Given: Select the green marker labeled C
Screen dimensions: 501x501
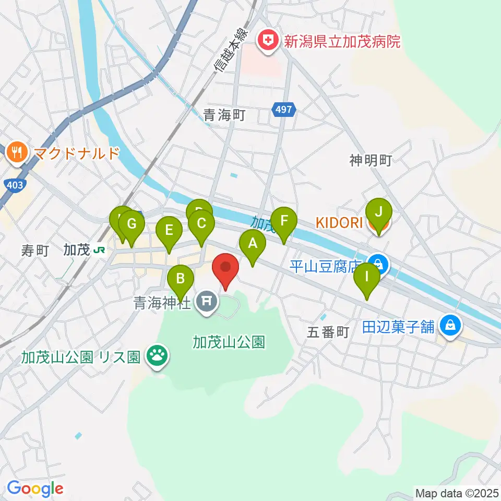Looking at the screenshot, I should [201, 224].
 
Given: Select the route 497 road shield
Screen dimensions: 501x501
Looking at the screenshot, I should [284, 110].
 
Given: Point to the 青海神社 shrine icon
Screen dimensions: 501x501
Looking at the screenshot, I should [206, 301].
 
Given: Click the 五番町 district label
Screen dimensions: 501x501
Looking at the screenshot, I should [328, 332].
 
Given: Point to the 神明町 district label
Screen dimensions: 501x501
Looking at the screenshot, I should [371, 161].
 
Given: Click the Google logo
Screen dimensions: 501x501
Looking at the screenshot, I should [35, 488].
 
